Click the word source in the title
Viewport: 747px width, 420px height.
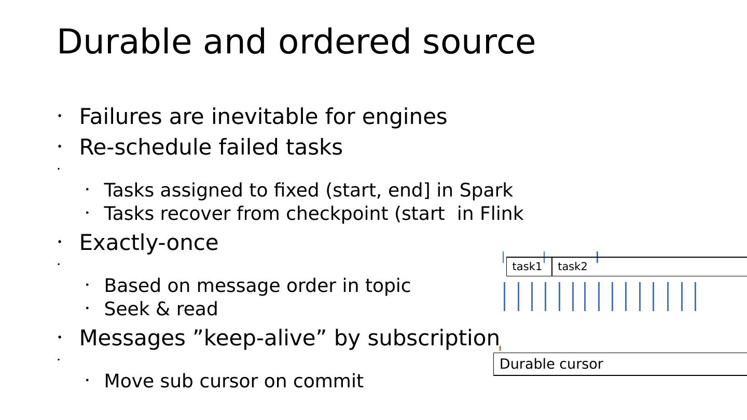pos(479,43)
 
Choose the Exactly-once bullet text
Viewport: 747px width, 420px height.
pos(149,243)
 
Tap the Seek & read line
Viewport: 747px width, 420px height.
pos(161,309)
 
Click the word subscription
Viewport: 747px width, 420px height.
pos(433,339)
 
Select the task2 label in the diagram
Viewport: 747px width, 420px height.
pos(572,267)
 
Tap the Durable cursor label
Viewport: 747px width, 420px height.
pos(551,364)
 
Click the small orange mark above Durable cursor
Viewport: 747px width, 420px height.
pos(500,348)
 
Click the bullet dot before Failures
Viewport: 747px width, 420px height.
pos(60,116)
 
